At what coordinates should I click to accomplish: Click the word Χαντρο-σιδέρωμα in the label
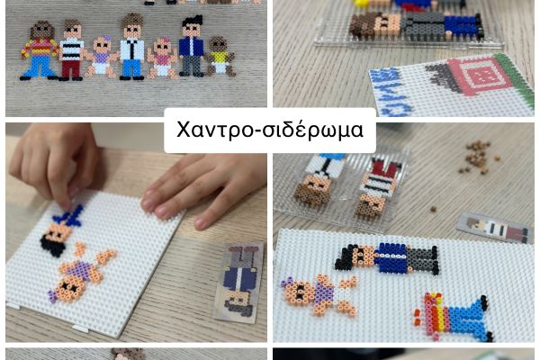270,130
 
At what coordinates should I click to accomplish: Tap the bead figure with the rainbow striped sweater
39,50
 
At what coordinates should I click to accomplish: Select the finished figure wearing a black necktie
132,47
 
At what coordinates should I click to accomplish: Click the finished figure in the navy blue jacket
192,46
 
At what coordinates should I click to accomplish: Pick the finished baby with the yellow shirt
220,56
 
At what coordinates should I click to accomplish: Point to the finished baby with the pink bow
162,58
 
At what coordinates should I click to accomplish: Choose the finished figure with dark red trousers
72,50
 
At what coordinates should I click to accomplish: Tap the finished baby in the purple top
102,57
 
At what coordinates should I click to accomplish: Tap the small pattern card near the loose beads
493,228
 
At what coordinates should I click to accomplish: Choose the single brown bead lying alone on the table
433,209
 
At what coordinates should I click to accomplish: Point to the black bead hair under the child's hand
51,246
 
